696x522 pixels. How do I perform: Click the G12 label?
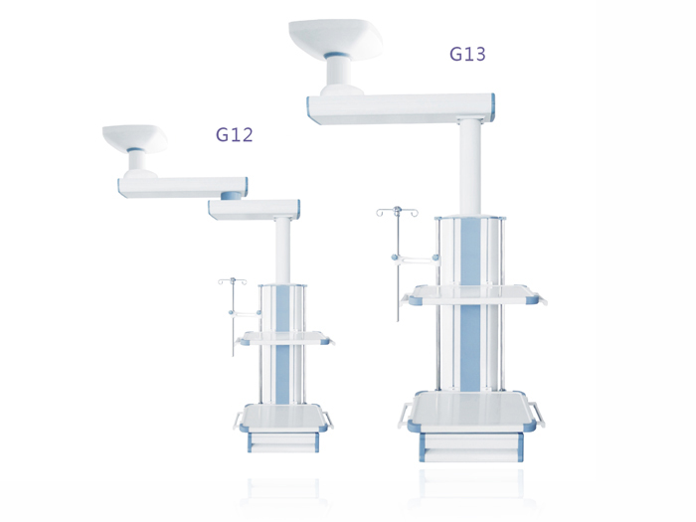[x=235, y=134]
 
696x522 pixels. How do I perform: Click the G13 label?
[x=467, y=54]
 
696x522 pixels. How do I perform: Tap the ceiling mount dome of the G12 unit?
[x=135, y=137]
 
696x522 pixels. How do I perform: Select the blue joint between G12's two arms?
[x=233, y=195]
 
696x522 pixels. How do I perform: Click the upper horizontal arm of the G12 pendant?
[x=182, y=187]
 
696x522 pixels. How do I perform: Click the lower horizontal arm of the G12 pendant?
[x=254, y=209]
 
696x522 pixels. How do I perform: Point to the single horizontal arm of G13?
[x=401, y=108]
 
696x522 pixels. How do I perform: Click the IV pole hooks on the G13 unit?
[x=398, y=212]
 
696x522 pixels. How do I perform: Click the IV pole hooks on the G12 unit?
[x=232, y=281]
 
